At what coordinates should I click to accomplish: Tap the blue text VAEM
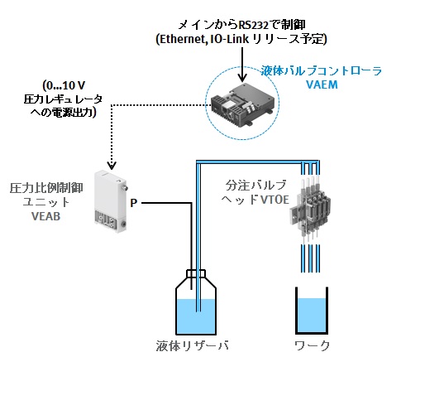(322, 84)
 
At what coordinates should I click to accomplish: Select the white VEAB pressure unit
(111, 201)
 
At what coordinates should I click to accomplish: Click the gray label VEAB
(45, 216)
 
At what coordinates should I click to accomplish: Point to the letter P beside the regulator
(134, 203)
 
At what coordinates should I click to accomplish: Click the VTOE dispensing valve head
(310, 210)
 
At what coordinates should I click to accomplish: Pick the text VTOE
(275, 200)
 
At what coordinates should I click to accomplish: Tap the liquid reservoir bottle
(196, 302)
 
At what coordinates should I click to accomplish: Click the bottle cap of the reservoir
(196, 273)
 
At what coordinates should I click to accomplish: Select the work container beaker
(312, 311)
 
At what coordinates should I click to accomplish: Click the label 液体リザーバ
(192, 346)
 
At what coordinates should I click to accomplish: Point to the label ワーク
(312, 346)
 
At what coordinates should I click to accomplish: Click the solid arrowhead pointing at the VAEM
(242, 77)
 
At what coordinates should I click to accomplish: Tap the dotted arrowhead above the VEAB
(112, 166)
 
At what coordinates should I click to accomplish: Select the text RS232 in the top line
(253, 26)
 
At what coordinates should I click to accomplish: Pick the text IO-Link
(229, 39)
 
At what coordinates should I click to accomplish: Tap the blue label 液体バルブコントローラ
(322, 71)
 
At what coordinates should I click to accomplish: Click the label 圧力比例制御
(46, 188)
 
